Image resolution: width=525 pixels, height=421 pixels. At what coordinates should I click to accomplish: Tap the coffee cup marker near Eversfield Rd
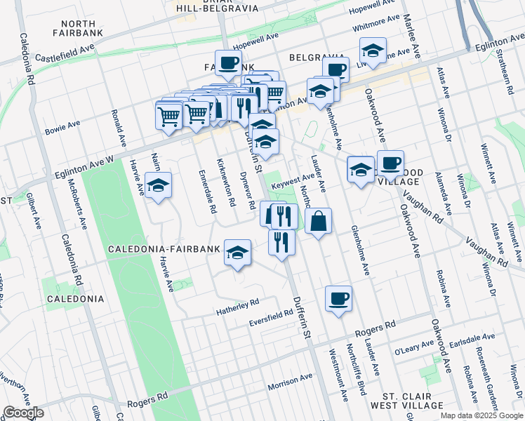click(338, 298)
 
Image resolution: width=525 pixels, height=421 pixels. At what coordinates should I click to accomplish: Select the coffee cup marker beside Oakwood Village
click(390, 163)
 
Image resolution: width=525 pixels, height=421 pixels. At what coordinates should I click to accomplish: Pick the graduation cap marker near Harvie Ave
click(158, 185)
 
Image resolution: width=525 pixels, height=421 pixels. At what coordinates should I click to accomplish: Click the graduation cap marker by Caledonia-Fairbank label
click(238, 251)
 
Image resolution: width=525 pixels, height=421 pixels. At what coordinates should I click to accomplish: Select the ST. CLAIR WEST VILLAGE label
click(407, 401)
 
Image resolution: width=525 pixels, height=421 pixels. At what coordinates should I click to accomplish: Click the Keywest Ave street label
click(298, 180)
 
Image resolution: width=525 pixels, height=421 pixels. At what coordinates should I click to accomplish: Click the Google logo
click(23, 413)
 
